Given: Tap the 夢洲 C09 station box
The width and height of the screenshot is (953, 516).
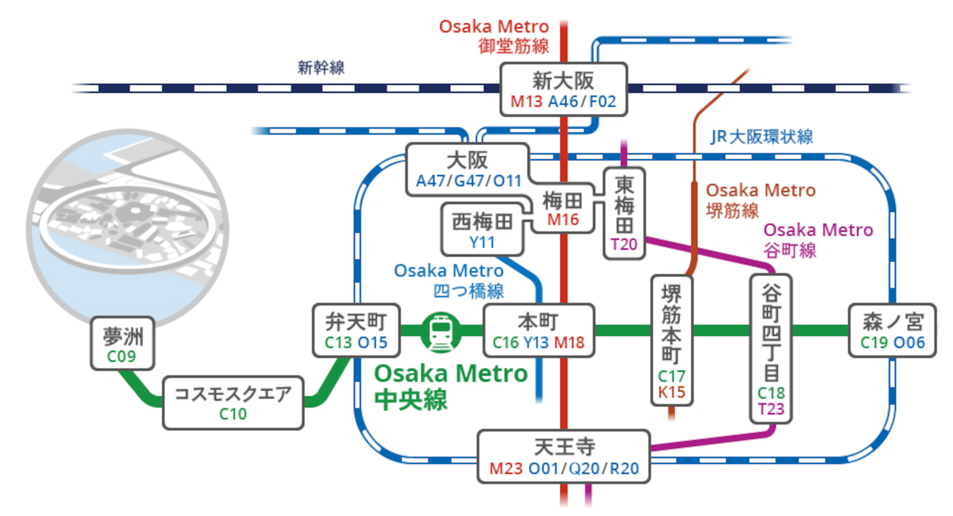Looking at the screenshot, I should click(x=122, y=343).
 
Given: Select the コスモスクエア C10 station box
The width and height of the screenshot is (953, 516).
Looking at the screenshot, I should click(x=233, y=402).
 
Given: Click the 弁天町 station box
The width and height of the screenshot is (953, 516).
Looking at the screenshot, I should click(x=356, y=331).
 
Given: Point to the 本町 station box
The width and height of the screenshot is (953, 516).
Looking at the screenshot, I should click(x=539, y=331).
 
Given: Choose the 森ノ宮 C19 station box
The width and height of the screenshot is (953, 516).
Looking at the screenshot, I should click(x=892, y=331).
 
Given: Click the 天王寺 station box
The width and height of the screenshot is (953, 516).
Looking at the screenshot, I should click(x=564, y=456).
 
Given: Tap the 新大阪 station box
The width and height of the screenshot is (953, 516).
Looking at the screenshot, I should click(x=563, y=90).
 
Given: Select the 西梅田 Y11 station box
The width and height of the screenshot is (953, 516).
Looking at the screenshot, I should click(x=482, y=230).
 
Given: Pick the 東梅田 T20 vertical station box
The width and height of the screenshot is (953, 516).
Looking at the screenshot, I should click(x=624, y=213).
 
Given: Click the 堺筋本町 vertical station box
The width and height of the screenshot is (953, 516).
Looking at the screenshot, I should click(x=672, y=340).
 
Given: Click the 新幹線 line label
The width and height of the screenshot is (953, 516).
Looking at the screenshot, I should click(x=321, y=67).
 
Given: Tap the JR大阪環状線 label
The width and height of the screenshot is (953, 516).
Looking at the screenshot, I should click(x=761, y=136).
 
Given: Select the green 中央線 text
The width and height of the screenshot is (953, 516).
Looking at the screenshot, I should click(x=411, y=400).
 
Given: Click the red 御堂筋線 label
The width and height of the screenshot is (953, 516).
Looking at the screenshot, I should click(x=513, y=46).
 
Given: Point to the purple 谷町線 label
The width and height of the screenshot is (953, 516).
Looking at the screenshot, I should click(x=790, y=250).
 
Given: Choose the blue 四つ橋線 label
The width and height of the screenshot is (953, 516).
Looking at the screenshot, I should click(x=469, y=291).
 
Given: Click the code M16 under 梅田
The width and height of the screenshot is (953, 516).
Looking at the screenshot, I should click(x=563, y=219).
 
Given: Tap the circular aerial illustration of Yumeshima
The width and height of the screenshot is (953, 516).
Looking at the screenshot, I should click(x=128, y=223).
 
